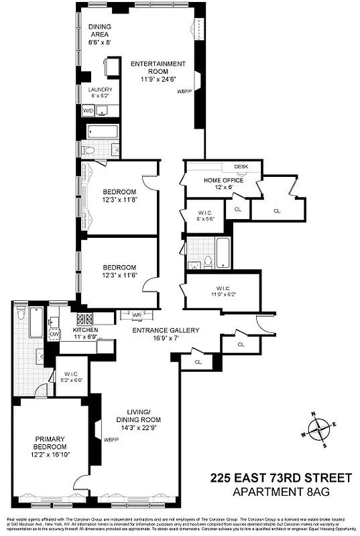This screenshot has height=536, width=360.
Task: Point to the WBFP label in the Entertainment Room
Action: [x=184, y=90]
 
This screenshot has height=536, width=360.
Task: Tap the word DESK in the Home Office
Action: [x=241, y=167]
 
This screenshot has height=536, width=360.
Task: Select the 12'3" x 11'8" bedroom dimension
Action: [x=119, y=199]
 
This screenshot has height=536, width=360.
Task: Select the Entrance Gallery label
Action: [x=166, y=334]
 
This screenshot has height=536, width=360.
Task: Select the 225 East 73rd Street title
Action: [x=280, y=478]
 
